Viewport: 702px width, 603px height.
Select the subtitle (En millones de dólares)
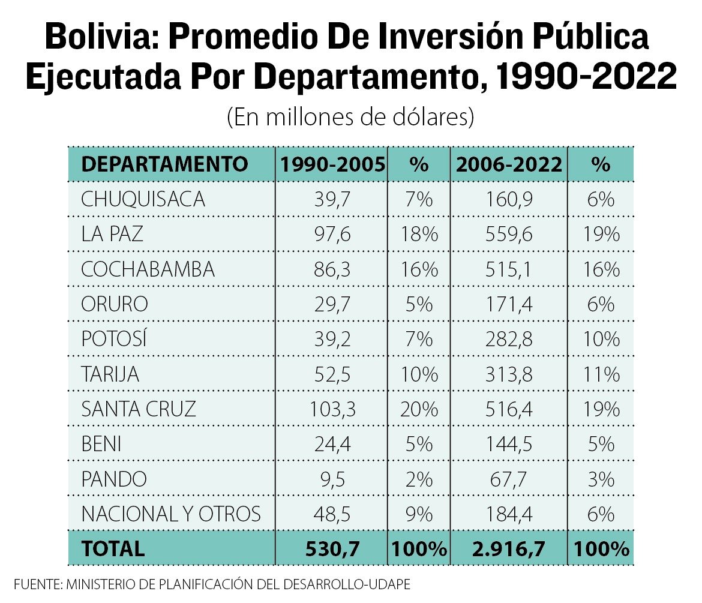350,117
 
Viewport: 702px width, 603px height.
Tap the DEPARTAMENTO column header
164,164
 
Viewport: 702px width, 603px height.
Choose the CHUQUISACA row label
143,199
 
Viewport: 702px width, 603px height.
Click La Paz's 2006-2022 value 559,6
509,234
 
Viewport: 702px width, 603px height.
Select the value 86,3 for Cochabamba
332,269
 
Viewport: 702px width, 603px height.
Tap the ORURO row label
115,304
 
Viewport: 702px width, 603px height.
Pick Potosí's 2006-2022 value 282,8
509,340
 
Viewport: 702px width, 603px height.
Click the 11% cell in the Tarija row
601,374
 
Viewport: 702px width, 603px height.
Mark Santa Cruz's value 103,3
332,409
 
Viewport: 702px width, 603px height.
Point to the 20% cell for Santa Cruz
419,409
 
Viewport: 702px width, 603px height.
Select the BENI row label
101,444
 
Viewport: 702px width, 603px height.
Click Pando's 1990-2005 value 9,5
332,479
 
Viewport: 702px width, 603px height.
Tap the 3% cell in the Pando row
601,479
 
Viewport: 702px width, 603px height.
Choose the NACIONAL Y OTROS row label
171,514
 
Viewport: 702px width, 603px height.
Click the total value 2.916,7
509,549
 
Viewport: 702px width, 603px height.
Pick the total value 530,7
332,549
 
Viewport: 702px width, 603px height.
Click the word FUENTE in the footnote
38,584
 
